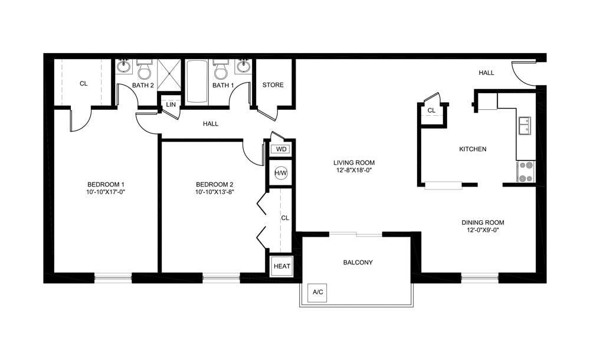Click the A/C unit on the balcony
[x=318, y=292]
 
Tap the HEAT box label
[x=281, y=266]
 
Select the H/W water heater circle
[x=281, y=174]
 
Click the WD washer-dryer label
[x=281, y=149]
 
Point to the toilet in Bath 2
[x=144, y=70]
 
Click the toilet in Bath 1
[x=221, y=70]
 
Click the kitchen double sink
[x=524, y=126]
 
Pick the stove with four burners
[x=525, y=172]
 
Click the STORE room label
[x=273, y=85]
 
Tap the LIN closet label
[x=171, y=104]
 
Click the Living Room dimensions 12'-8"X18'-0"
[x=354, y=171]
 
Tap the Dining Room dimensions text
[x=483, y=230]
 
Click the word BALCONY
[x=358, y=263]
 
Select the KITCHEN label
[x=473, y=149]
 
